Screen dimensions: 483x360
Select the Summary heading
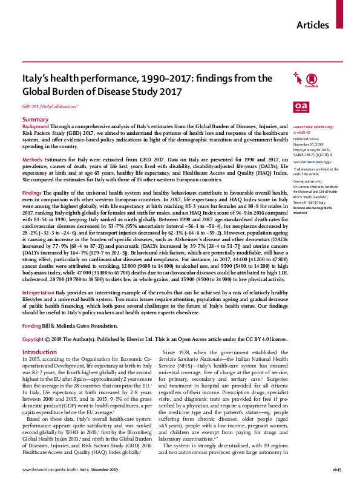35,120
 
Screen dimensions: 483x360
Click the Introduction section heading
39,352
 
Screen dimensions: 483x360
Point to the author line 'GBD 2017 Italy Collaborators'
51,106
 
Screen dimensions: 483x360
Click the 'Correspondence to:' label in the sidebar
307,181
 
